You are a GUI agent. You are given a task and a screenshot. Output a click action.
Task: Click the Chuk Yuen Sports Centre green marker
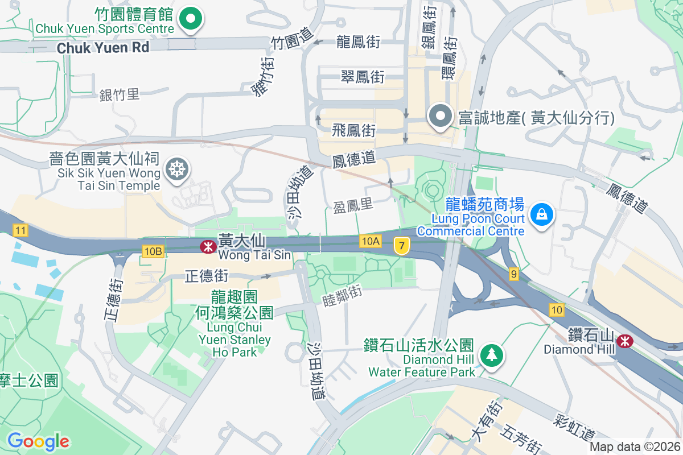click(x=191, y=19)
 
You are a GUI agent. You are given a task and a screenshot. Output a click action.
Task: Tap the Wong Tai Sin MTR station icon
click(x=208, y=247)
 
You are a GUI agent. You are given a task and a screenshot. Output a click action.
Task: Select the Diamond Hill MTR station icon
click(x=625, y=341)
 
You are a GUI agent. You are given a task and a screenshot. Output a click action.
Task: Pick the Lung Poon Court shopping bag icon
click(x=539, y=214)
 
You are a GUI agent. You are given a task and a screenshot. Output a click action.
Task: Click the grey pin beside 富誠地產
click(x=440, y=116)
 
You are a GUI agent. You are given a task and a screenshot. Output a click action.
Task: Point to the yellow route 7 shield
click(x=402, y=246)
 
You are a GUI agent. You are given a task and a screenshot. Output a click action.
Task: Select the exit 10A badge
click(x=370, y=242)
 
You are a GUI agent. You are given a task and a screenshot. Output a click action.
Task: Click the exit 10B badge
click(x=153, y=251)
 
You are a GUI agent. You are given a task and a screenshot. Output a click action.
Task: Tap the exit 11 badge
click(x=20, y=230)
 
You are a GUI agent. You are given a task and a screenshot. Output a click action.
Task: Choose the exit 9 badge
click(x=514, y=275)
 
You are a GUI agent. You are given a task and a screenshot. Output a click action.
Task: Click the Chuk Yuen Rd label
click(x=103, y=47)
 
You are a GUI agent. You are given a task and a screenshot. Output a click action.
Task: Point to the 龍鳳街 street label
click(x=358, y=42)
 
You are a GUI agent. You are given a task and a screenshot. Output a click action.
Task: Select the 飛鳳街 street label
click(x=353, y=130)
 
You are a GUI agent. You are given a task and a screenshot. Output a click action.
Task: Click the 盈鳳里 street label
click(x=353, y=205)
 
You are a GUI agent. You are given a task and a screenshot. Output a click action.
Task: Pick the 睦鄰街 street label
click(x=342, y=292)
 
